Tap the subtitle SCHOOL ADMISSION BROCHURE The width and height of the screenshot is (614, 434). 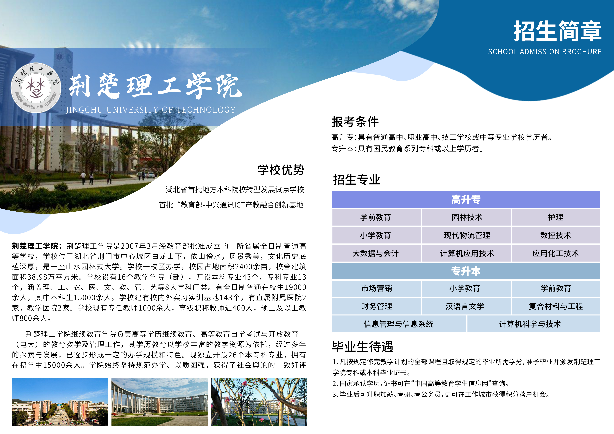[545, 52]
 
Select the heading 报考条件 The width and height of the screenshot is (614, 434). [355, 122]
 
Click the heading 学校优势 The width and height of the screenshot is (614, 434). [281, 170]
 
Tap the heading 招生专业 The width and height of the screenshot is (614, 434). [357, 180]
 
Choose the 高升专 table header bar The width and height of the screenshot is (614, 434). [466, 199]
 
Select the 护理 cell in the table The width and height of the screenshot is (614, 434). [556, 217]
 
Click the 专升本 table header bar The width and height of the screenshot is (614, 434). [466, 271]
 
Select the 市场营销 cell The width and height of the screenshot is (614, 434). [376, 288]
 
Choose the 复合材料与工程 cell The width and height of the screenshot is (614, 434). [556, 306]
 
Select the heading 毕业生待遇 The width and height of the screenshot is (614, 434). [363, 347]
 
